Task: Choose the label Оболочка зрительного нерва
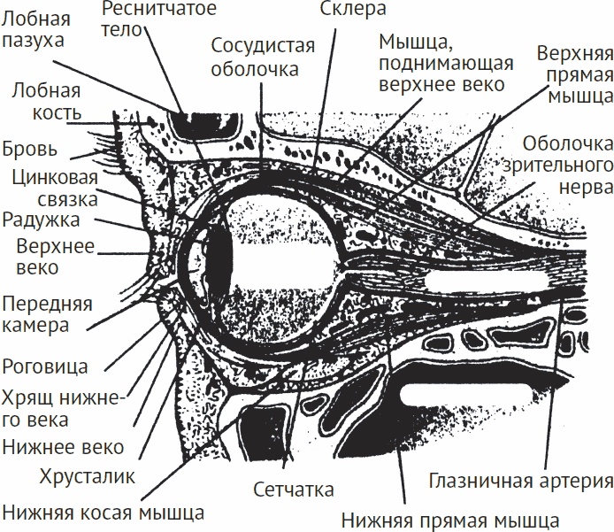[567, 165]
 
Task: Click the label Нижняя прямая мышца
[449, 518]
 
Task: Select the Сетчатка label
[293, 490]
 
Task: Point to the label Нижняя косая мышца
[104, 511]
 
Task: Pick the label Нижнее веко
[63, 446]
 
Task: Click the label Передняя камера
[46, 314]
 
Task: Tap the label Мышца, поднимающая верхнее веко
[441, 63]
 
